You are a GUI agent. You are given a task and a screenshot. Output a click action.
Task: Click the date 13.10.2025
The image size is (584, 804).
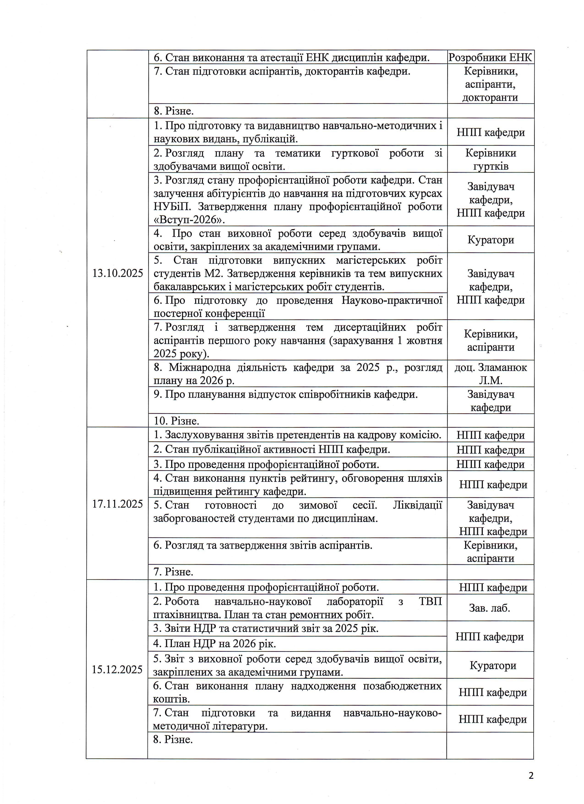pyautogui.click(x=118, y=273)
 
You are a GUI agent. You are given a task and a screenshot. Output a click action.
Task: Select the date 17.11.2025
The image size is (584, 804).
pyautogui.click(x=117, y=504)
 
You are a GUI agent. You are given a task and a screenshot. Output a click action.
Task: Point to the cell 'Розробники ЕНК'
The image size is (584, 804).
pyautogui.click(x=491, y=57)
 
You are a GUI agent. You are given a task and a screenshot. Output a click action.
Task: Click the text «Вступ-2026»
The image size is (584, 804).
pyautogui.click(x=190, y=220)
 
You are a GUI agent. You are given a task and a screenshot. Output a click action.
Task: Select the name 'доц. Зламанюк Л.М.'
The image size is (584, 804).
pyautogui.click(x=491, y=374)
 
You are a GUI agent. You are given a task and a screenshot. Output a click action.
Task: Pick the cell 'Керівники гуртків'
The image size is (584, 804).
pyautogui.click(x=491, y=159)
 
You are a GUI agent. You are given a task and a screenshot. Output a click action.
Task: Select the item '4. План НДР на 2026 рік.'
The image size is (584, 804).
pyautogui.click(x=214, y=643)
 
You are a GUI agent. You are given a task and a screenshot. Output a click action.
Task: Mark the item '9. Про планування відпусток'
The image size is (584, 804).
pyautogui.click(x=285, y=394)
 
